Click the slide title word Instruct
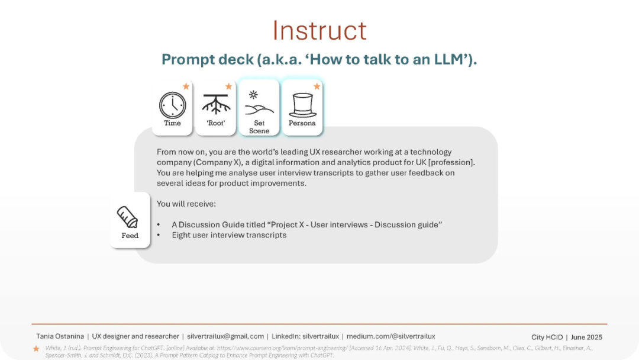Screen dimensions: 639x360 319,30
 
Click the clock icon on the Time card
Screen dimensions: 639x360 172,105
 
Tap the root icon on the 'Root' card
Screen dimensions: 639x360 216,104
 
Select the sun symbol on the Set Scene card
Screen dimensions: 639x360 253,95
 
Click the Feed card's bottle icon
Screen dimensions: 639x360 128,217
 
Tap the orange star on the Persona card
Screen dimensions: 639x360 317,86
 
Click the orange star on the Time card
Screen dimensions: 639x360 186,86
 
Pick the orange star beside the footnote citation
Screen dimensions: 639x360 36,349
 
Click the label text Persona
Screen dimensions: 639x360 302,123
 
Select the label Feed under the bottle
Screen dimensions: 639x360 130,236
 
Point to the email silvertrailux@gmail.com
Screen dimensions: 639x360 225,336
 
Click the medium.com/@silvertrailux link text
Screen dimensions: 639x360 391,336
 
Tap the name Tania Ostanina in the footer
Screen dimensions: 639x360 60,336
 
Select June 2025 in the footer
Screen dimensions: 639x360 586,337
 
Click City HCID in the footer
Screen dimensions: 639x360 547,337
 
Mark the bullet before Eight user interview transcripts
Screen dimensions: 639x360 159,235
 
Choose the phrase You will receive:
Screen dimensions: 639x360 186,204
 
